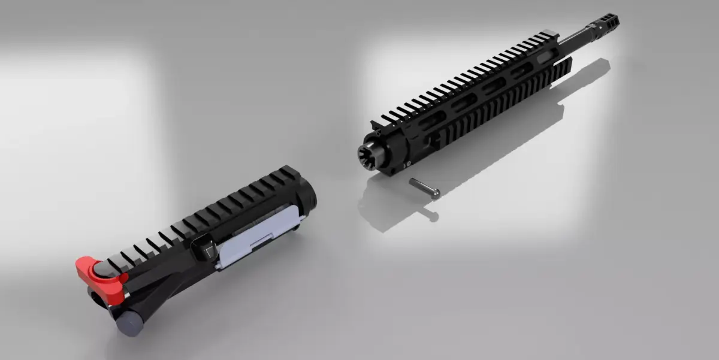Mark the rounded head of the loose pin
[x=436, y=193]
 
